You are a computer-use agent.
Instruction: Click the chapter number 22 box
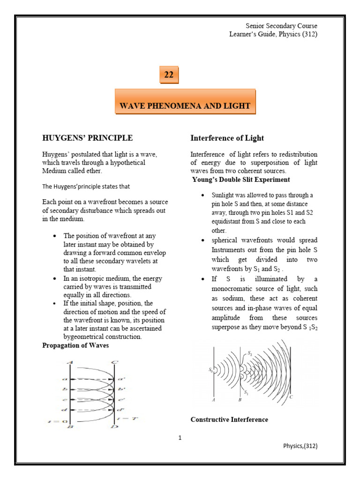169,75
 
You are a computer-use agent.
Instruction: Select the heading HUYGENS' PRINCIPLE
87,138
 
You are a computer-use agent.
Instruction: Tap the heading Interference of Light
227,138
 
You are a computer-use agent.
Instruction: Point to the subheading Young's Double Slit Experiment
241,180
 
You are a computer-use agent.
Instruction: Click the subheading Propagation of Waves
75,345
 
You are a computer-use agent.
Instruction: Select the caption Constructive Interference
229,420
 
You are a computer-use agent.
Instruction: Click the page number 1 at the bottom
180,438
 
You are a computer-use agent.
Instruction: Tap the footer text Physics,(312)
300,446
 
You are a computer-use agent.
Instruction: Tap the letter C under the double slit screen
292,397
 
